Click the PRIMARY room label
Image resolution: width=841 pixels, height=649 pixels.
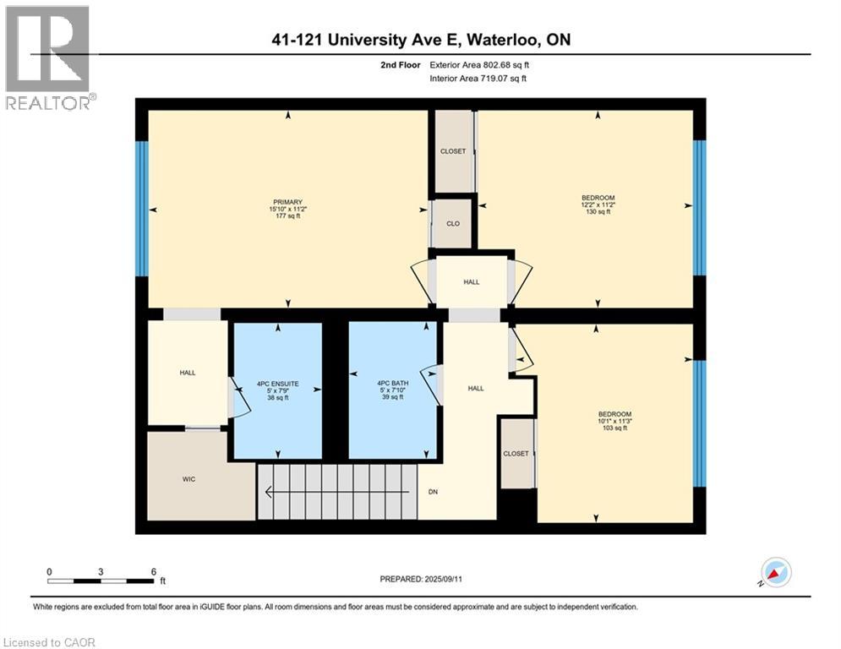[x=287, y=202]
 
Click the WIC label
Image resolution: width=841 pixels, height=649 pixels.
[x=188, y=479]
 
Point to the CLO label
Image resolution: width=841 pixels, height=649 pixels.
[x=453, y=225]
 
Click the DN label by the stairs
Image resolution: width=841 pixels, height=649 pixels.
[x=433, y=491]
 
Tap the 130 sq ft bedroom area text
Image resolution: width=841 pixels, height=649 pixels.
[x=597, y=212]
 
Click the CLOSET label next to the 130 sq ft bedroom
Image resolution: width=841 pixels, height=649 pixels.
[x=453, y=151]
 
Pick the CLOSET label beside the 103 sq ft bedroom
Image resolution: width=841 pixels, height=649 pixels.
[x=516, y=454]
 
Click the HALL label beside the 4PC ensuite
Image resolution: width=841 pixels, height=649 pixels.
[x=187, y=373]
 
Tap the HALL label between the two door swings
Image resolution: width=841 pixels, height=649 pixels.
[x=471, y=281]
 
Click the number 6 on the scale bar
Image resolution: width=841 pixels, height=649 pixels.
[x=153, y=571]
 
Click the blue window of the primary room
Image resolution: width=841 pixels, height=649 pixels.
[x=142, y=209]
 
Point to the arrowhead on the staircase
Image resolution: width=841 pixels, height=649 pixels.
[x=269, y=492]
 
